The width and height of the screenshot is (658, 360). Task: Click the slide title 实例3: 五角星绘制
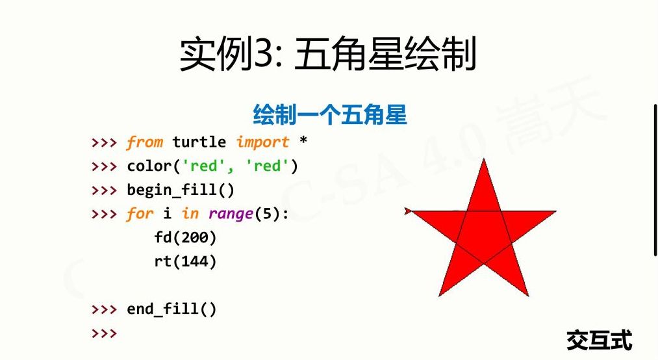328,54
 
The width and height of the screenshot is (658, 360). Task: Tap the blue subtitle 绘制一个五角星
330,114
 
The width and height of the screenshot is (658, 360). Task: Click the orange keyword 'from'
144,142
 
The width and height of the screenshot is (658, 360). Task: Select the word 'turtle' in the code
199,142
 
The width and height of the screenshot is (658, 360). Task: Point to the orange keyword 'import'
262,142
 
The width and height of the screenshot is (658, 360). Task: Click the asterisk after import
303,140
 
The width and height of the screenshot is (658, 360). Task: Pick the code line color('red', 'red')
212,166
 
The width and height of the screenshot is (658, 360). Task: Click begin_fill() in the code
181,190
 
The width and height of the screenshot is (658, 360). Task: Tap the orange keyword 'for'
140,214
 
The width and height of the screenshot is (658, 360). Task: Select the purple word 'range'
231,214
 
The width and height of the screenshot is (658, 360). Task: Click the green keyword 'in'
190,214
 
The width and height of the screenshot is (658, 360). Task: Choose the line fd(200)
185,238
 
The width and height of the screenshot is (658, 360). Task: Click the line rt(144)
185,262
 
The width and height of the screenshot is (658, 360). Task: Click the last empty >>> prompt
104,333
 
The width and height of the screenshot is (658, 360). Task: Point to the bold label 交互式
600,340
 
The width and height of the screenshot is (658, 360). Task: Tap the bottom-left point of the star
439,296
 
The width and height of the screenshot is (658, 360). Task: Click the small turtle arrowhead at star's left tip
408,211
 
